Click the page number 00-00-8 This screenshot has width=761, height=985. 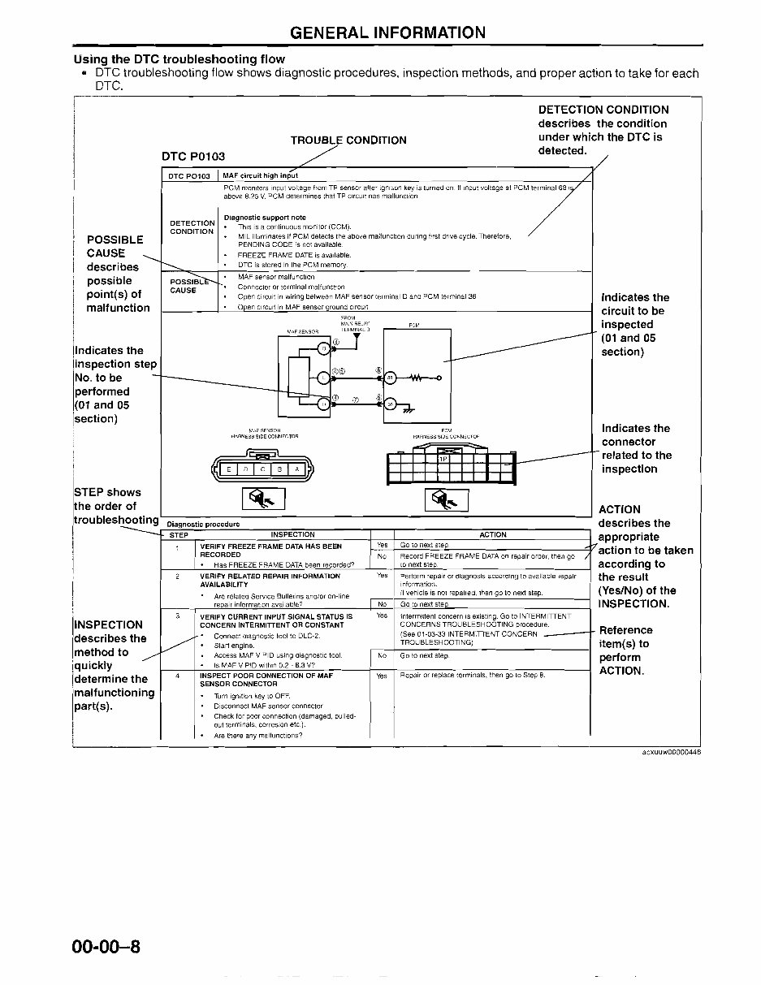pos(106,947)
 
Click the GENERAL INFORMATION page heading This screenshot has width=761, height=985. pos(387,32)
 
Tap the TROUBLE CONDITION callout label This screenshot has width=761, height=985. pos(348,140)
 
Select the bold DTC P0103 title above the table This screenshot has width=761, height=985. pos(193,156)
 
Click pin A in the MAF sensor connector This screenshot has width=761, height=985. pos(296,469)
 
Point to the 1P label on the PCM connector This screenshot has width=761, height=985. pos(443,459)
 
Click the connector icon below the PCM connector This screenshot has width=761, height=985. pos(446,499)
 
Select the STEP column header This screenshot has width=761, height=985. pos(179,535)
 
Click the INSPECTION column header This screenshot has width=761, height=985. pos(292,535)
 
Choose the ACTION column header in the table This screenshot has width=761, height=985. pos(492,535)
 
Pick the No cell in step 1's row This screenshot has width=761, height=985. pos(382,556)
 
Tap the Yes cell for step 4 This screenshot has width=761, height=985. pos(382,676)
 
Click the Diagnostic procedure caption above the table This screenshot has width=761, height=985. pos(203,525)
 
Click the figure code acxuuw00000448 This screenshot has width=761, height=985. pos(671,752)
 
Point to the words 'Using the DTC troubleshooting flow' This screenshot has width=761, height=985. pos(179,59)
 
